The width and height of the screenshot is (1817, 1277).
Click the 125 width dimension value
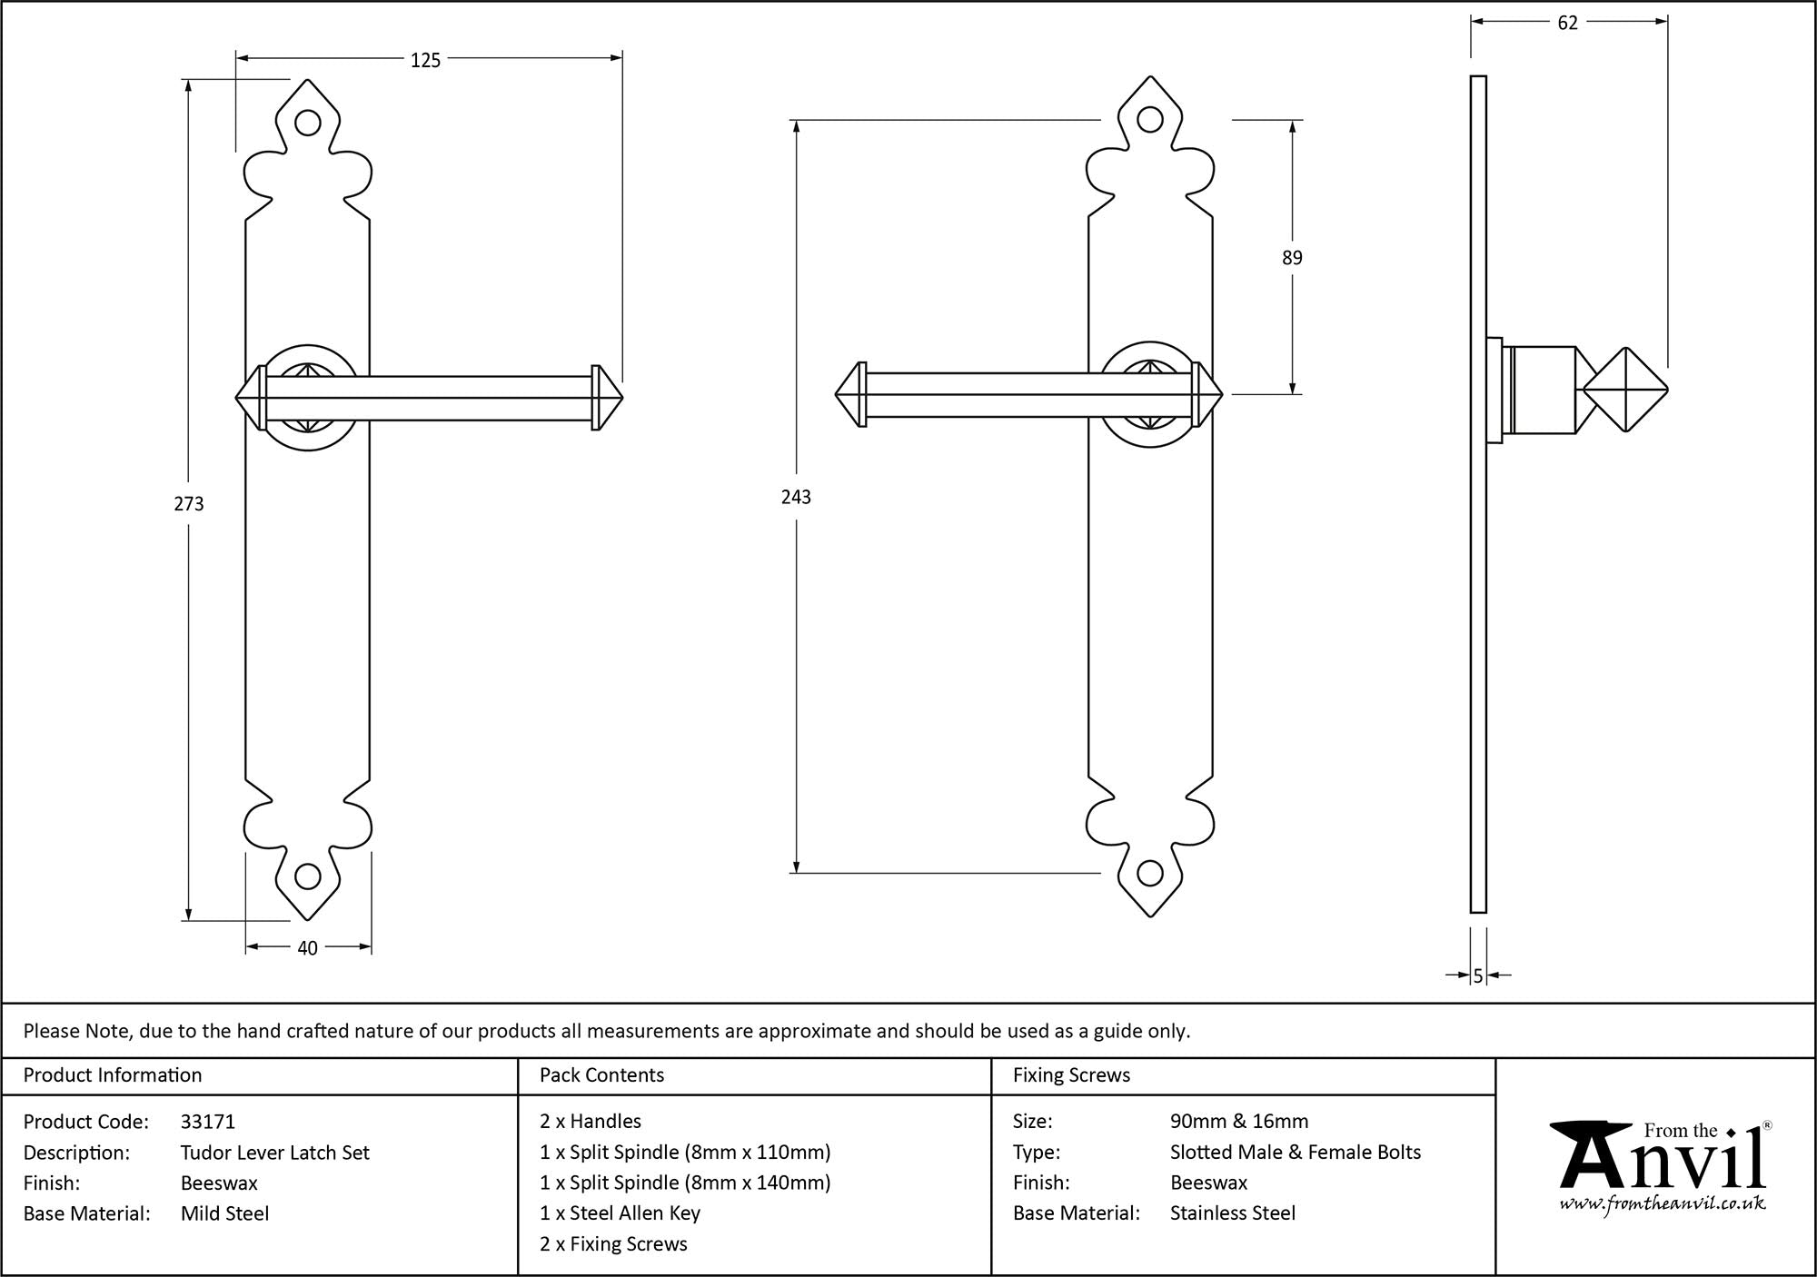coord(425,60)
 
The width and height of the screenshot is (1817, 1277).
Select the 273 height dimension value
coord(189,503)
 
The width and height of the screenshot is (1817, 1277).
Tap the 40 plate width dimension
coord(307,948)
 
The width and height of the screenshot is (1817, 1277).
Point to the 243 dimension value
coord(796,497)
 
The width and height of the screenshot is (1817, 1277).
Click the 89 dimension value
coord(1292,258)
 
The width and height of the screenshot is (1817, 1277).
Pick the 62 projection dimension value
coord(1568,24)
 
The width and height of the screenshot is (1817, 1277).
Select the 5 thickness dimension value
coord(1478,975)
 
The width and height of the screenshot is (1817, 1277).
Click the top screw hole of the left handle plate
coord(308,124)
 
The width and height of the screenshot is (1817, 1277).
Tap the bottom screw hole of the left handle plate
coord(308,876)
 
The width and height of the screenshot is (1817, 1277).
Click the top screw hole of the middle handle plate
coord(1150,120)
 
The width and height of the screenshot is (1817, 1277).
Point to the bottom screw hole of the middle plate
coord(1150,874)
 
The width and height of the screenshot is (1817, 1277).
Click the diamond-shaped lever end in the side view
coord(1625,391)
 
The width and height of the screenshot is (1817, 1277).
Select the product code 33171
coord(208,1122)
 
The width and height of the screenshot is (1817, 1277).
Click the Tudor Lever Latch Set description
coord(275,1153)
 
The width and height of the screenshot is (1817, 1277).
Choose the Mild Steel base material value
coord(224,1213)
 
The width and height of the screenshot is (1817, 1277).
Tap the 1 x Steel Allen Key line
coord(620,1213)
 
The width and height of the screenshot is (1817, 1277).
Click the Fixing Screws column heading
coord(1071,1075)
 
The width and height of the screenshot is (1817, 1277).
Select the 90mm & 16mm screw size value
coord(1239,1122)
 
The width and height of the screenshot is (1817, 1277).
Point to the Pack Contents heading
coord(601,1075)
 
